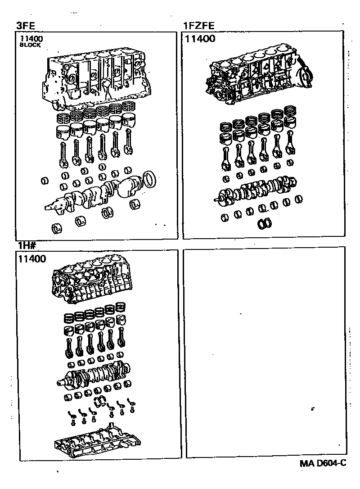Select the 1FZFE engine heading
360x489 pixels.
[198, 26]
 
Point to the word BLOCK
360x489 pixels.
[31, 45]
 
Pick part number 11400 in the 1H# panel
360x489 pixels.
[32, 259]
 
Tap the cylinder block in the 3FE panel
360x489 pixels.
[97, 81]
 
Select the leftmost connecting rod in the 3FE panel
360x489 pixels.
[63, 153]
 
